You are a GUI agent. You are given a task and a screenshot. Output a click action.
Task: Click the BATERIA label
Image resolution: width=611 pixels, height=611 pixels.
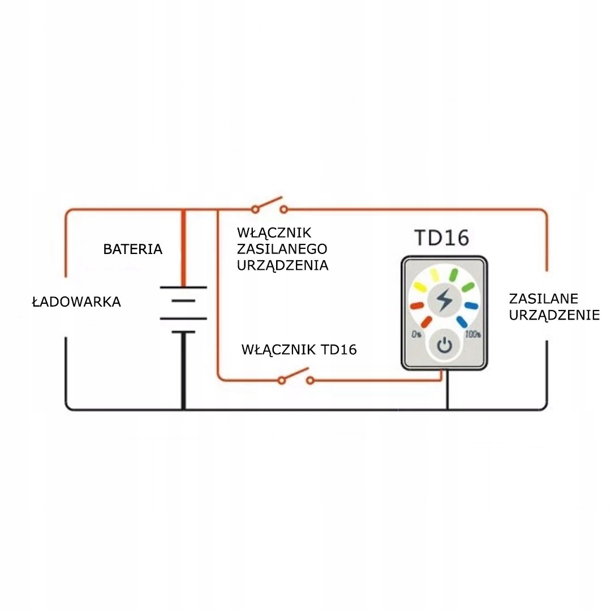132,249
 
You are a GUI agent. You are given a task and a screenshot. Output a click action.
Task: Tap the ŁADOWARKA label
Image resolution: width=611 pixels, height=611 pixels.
76,302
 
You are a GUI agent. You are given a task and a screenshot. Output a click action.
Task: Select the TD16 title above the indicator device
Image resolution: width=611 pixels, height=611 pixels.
441,238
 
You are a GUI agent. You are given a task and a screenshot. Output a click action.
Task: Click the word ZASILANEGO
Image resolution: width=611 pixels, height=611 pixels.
282,248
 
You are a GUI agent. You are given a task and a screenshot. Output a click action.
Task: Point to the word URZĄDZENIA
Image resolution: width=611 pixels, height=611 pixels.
282,265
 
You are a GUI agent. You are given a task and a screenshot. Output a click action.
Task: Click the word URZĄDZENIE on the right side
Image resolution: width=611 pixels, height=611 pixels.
554,315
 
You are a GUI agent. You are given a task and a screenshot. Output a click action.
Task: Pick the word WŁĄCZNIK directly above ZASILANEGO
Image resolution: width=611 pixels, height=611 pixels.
274,233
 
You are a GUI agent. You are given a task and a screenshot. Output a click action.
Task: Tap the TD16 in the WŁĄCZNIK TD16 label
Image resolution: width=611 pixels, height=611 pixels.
338,350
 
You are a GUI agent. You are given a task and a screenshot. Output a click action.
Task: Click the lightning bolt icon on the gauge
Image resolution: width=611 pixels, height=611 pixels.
444,299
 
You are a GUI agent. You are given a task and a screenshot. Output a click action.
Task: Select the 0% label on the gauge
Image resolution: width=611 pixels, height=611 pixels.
416,334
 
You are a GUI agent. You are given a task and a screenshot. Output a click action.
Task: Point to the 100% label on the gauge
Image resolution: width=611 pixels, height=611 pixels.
472,334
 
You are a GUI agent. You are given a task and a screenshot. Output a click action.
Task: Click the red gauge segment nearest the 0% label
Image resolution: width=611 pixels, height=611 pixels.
427,322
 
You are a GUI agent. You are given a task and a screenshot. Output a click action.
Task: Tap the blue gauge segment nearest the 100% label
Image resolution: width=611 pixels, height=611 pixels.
462,322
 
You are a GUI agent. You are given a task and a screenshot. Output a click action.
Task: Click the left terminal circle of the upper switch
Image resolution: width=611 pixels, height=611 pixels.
255,210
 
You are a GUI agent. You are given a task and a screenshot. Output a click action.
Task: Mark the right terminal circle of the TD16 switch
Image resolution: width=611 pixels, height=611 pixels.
310,380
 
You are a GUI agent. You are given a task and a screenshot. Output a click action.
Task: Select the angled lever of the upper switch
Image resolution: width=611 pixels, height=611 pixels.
269,203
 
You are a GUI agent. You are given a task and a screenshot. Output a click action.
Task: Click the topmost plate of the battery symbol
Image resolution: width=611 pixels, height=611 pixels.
183,287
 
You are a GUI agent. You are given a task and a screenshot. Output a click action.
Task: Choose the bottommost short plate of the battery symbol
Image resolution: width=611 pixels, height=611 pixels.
183,333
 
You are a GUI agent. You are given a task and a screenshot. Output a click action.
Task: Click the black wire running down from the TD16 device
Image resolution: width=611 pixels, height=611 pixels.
448,390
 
